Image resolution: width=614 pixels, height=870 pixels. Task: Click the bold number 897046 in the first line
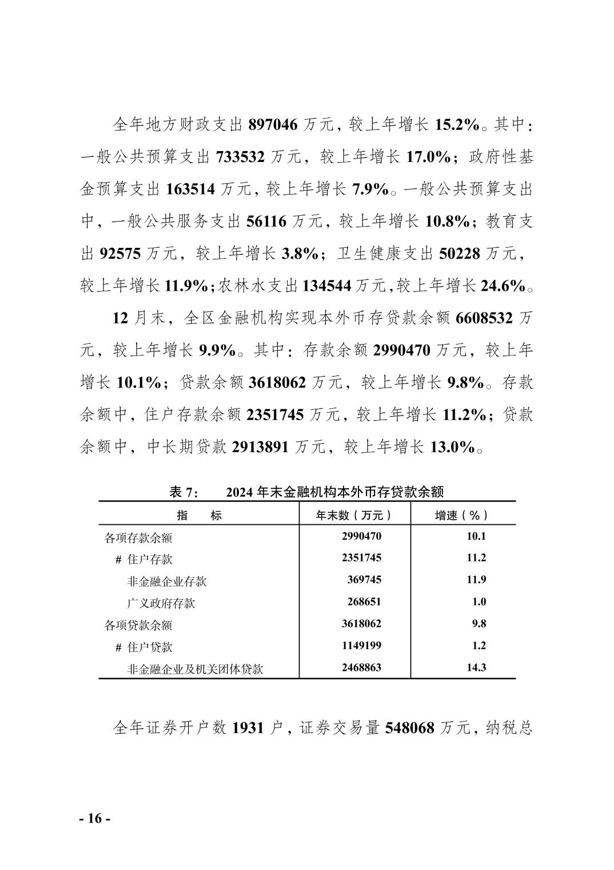(x=273, y=124)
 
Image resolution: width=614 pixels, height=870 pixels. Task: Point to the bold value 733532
(x=240, y=156)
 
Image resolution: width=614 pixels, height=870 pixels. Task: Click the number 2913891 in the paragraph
(x=261, y=447)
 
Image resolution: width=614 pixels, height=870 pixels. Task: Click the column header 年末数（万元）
(x=354, y=515)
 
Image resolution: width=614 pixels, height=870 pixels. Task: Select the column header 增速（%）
(x=462, y=515)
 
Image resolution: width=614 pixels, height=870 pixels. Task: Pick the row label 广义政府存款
(x=161, y=603)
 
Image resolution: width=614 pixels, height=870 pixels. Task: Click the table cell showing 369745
(x=364, y=580)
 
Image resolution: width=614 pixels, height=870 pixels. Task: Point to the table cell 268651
(x=364, y=602)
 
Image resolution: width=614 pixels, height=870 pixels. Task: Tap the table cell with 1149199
(x=361, y=646)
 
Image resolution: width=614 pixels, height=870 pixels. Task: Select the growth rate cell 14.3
(x=476, y=667)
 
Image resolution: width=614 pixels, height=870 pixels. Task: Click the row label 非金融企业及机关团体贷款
(x=195, y=669)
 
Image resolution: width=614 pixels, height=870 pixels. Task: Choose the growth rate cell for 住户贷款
(x=479, y=646)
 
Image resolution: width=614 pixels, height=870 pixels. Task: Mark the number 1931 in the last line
(x=249, y=728)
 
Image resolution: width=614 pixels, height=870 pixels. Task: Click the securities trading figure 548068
(x=409, y=728)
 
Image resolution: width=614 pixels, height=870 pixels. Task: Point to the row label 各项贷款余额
(x=138, y=625)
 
